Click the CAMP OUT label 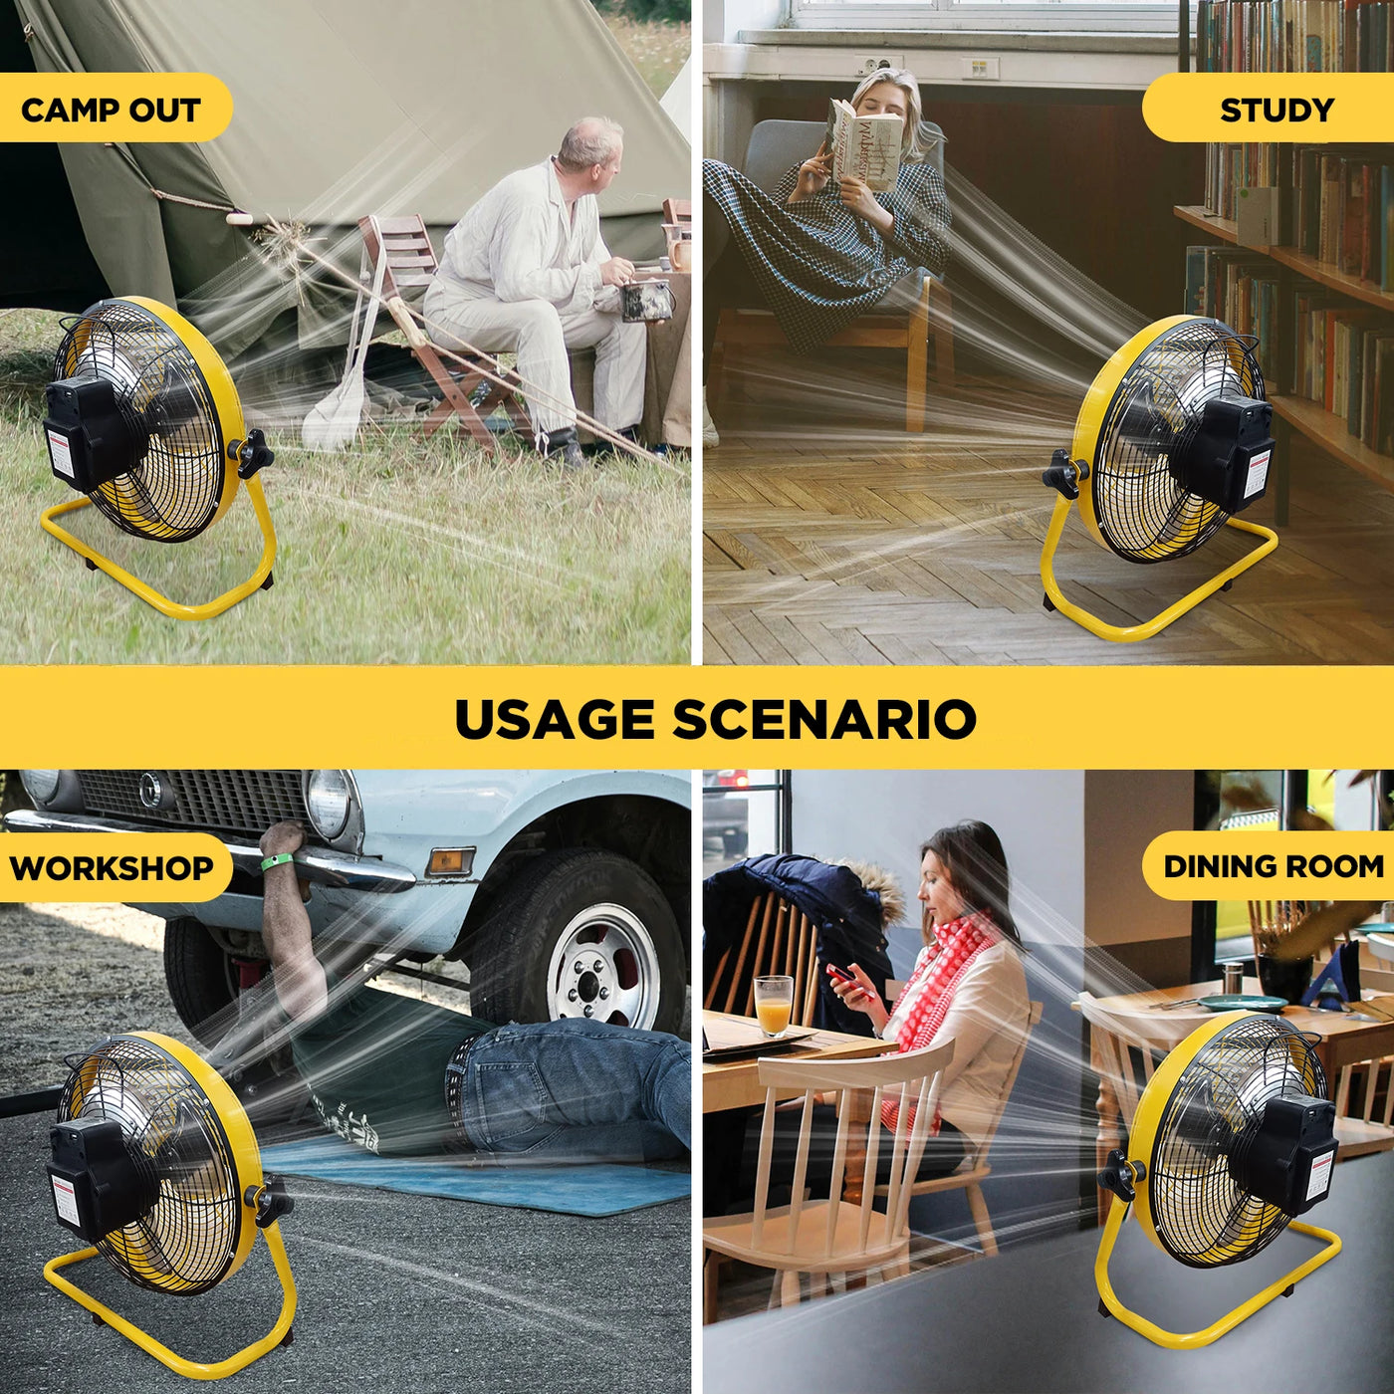[111, 110]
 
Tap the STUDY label [1277, 110]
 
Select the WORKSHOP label [112, 867]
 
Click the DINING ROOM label [1274, 866]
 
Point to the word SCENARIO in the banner [824, 719]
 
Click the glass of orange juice [774, 1006]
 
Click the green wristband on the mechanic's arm [277, 861]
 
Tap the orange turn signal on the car [451, 861]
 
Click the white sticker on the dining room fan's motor [1318, 1184]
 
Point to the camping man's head [590, 152]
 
